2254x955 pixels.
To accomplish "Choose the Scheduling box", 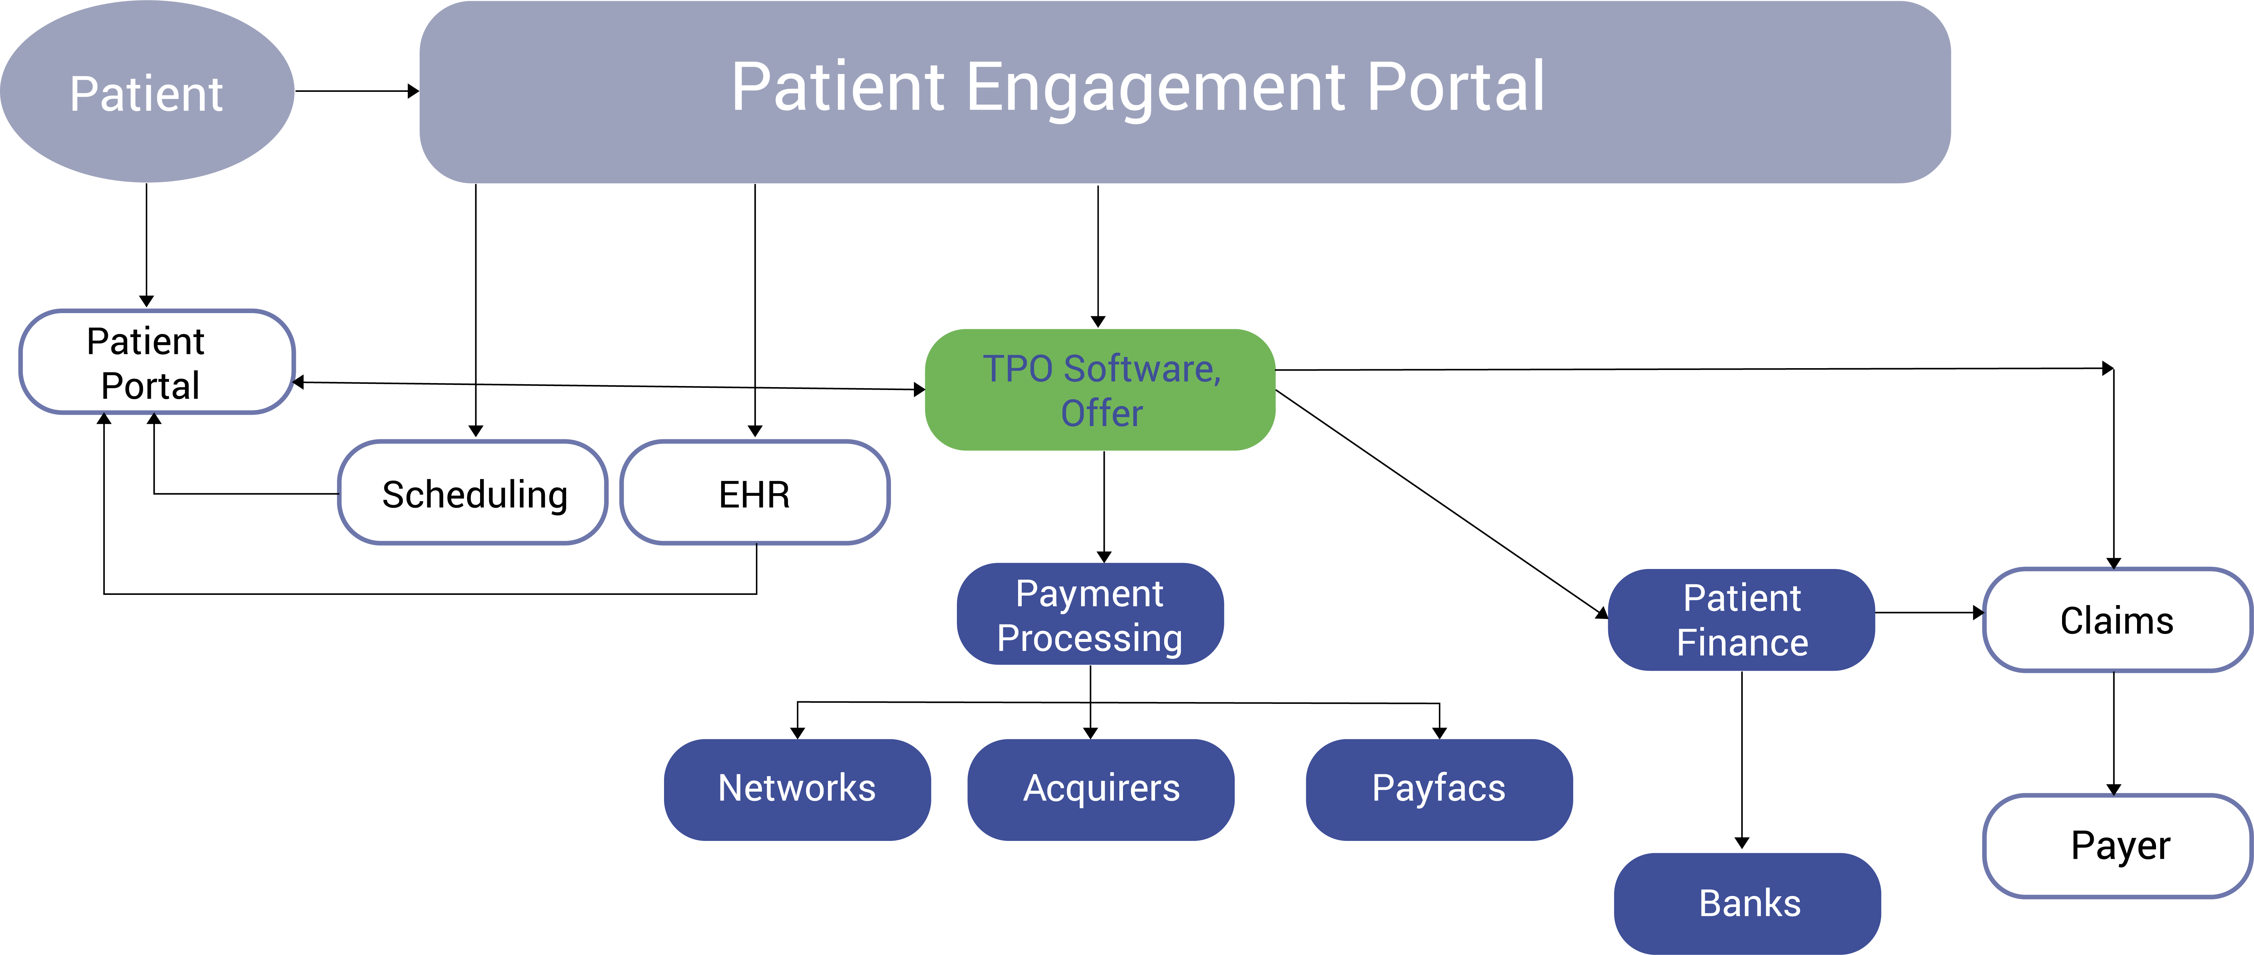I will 474,493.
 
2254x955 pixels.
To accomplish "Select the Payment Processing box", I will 1090,615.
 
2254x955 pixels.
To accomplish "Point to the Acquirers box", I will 1101,789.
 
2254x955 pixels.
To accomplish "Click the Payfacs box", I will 1438,789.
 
